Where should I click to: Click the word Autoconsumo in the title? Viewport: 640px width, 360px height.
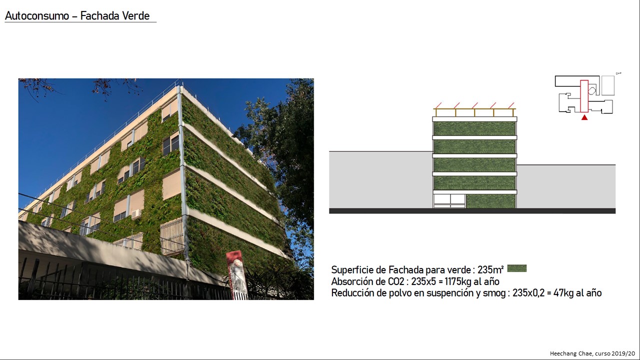pos(37,16)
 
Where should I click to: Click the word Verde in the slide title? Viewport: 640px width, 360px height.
pos(135,16)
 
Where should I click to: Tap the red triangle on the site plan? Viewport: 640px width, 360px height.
pos(584,117)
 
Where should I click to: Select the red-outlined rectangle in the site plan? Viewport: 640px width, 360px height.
pos(584,96)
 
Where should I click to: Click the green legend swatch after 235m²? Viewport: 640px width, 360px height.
pos(517,268)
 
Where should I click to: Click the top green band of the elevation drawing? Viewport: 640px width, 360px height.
pos(474,128)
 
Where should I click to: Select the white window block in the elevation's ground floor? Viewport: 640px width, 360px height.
pos(449,201)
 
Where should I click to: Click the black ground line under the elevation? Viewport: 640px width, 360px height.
pos(472,211)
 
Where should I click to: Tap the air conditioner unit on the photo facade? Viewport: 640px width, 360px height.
pos(136,214)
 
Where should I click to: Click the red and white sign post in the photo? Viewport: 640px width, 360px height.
pos(236,275)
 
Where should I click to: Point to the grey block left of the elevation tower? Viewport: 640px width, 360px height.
pos(381,180)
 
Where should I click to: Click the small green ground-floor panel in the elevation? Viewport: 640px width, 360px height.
pos(490,201)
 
